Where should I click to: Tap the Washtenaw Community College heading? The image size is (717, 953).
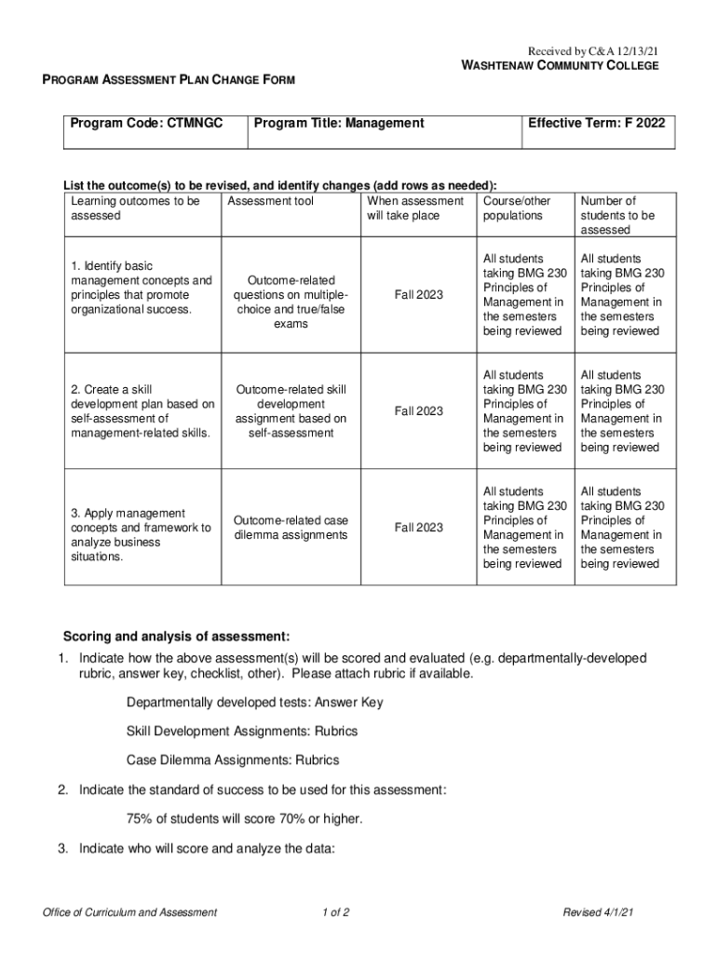pos(561,66)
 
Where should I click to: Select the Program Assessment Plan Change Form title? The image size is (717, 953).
pos(169,81)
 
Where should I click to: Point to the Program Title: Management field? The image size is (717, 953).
pos(339,123)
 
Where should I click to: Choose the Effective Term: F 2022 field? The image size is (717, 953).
pos(598,123)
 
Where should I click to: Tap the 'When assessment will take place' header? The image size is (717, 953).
pos(415,208)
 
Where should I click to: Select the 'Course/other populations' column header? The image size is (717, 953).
pos(517,208)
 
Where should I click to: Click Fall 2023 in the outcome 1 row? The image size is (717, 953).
pos(418,295)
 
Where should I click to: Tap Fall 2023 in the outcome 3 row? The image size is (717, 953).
pos(418,528)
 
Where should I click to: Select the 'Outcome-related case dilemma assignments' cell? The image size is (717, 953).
pos(291,528)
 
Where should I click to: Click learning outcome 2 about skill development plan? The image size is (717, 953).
pos(142,411)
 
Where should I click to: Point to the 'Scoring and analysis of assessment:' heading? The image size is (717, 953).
pos(176,637)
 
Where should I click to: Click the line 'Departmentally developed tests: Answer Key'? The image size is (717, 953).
pos(255,702)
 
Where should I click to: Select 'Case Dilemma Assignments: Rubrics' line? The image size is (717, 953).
pos(233,760)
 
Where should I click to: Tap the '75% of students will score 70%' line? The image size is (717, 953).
pos(244,819)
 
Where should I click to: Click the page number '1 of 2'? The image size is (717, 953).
pos(334,912)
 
